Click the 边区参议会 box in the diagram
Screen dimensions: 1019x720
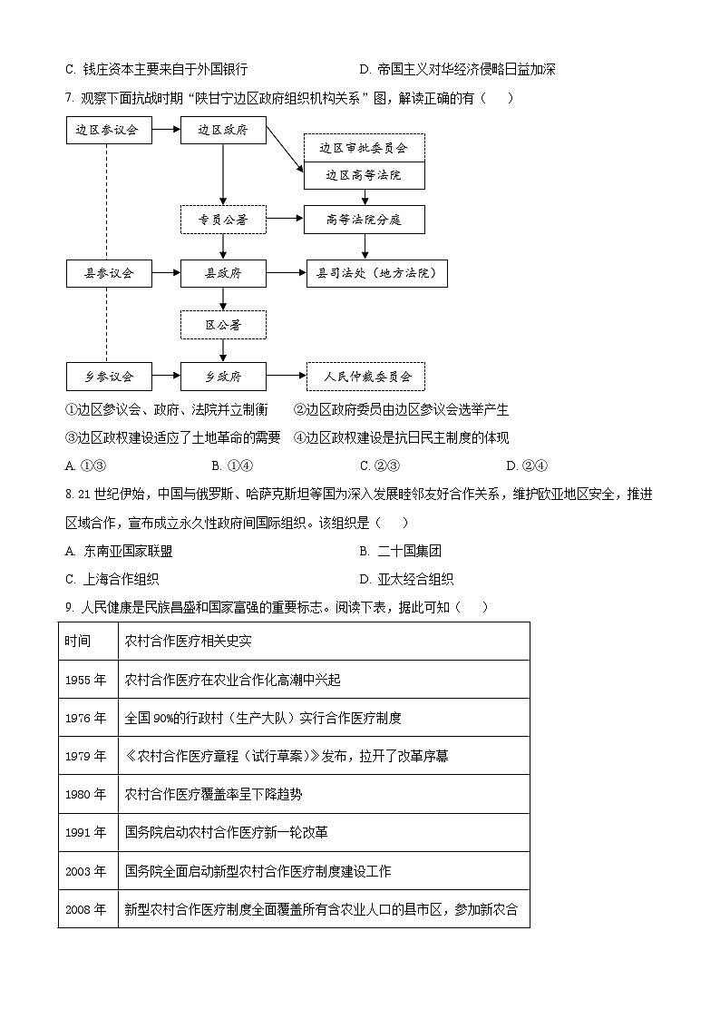click(107, 130)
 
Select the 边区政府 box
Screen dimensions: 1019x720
click(223, 130)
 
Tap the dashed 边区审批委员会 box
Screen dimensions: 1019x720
click(364, 147)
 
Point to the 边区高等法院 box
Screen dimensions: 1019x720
click(364, 174)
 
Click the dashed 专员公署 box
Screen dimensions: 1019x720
click(223, 219)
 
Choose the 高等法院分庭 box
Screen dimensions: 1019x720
click(364, 219)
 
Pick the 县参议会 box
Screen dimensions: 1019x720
click(107, 272)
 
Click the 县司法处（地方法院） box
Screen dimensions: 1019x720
click(376, 272)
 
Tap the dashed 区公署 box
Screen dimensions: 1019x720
click(223, 324)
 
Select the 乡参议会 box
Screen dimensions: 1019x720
click(107, 376)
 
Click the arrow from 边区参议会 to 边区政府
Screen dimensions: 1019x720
click(164, 130)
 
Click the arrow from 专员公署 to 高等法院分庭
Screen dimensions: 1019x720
click(285, 219)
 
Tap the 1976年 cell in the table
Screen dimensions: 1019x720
click(86, 718)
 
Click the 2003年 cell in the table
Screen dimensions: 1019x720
click(86, 871)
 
